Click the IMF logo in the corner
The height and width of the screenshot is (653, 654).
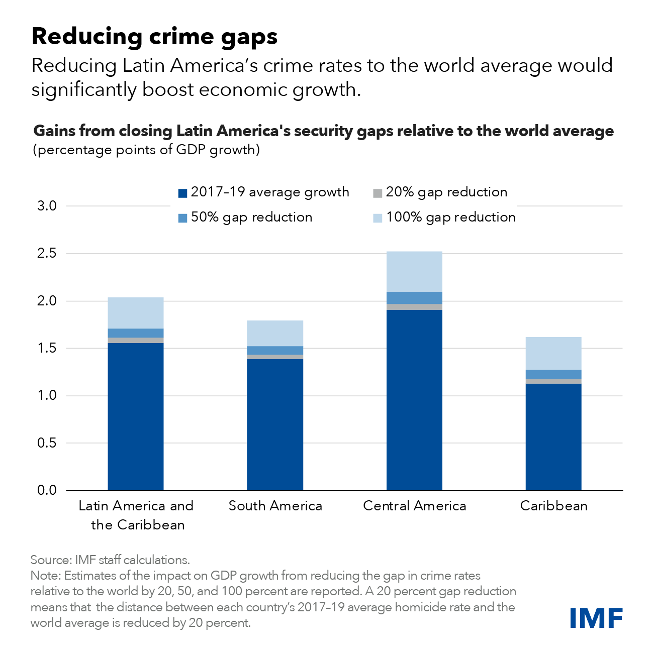click(596, 617)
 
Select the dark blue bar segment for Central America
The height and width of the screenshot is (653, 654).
click(414, 400)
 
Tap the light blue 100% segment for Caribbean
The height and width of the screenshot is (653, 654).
click(553, 353)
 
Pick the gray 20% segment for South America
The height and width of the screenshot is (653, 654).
click(275, 357)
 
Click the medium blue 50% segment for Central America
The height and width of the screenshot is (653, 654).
click(414, 298)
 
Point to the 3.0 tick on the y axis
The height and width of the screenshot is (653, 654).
click(47, 206)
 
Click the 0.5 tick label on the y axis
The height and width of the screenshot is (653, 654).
click(47, 443)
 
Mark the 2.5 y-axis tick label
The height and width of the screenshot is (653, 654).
click(47, 254)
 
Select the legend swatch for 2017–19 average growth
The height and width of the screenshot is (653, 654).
click(183, 193)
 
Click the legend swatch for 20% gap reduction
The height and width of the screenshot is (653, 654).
click(378, 193)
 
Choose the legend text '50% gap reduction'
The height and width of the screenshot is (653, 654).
click(251, 217)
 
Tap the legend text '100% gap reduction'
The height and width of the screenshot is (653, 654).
click(450, 217)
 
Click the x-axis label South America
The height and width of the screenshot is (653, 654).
click(275, 506)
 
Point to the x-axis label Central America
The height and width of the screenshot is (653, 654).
click(414, 506)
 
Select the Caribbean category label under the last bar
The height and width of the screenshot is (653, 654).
click(553, 506)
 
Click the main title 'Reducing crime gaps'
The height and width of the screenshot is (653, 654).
click(154, 36)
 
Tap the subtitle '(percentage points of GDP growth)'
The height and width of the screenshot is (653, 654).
click(146, 150)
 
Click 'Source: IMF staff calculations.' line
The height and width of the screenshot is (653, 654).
click(110, 560)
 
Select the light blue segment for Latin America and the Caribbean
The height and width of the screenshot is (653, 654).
click(136, 313)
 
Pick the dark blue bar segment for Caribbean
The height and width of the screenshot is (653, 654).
click(553, 437)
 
